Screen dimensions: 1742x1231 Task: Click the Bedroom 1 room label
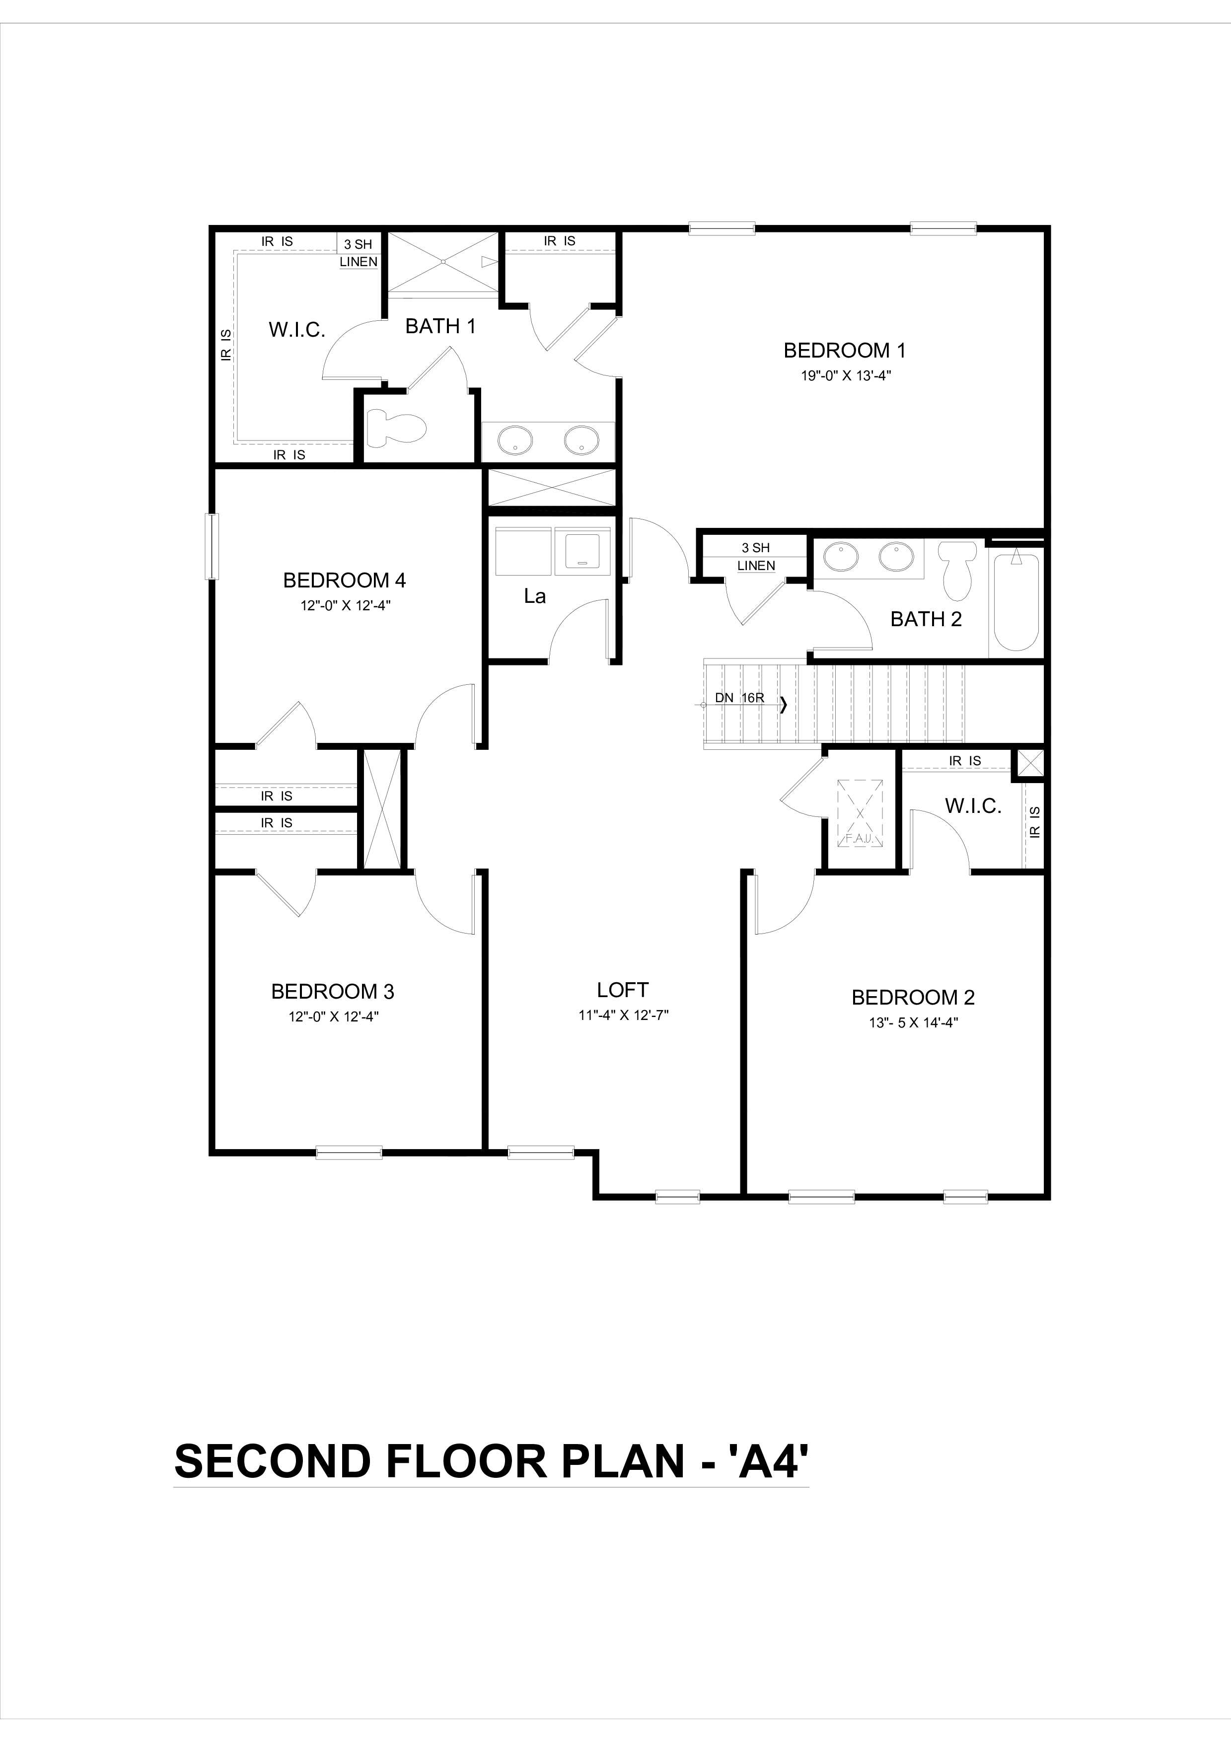(x=844, y=351)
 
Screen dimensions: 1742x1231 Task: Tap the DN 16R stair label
(x=739, y=697)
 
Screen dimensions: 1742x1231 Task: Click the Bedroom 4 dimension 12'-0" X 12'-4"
(x=345, y=605)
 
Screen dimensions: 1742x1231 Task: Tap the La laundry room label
(x=535, y=596)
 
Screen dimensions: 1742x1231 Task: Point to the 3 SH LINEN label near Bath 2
(x=755, y=556)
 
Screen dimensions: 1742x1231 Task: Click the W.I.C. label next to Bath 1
(x=296, y=330)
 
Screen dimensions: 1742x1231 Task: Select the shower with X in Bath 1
(x=443, y=262)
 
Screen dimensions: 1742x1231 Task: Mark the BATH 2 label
(x=925, y=619)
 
